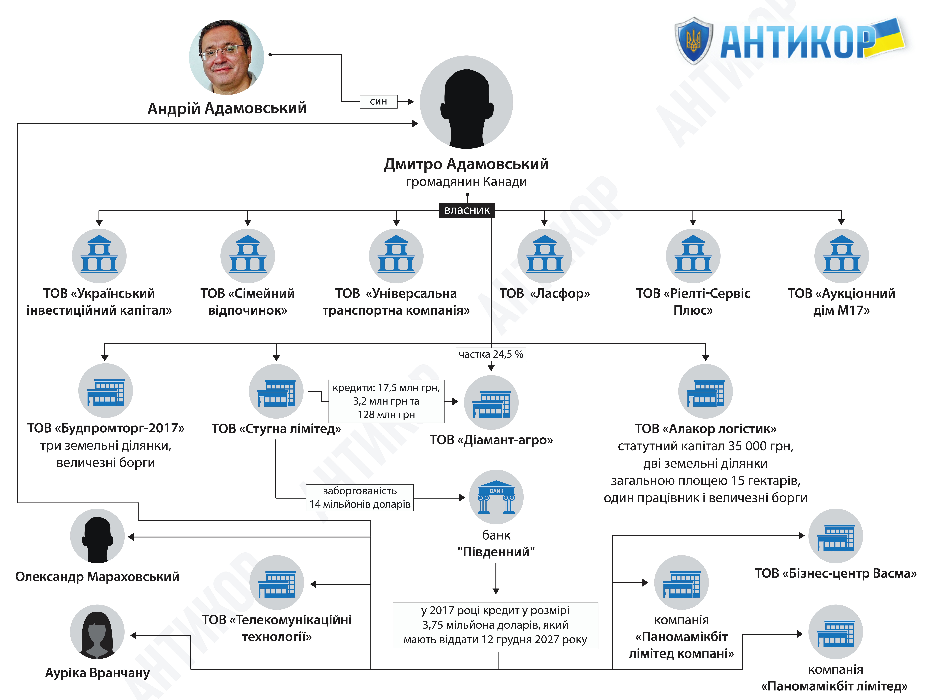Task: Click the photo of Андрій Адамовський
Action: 227,57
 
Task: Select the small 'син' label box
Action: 378,102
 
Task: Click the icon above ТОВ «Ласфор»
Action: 544,256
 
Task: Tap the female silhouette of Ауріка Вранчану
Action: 97,632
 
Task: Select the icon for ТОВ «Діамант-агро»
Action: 491,402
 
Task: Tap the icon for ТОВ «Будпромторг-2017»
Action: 105,391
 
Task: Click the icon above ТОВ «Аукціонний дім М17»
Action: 842,256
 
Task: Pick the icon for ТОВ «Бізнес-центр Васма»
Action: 836,536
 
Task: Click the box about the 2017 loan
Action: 495,625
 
